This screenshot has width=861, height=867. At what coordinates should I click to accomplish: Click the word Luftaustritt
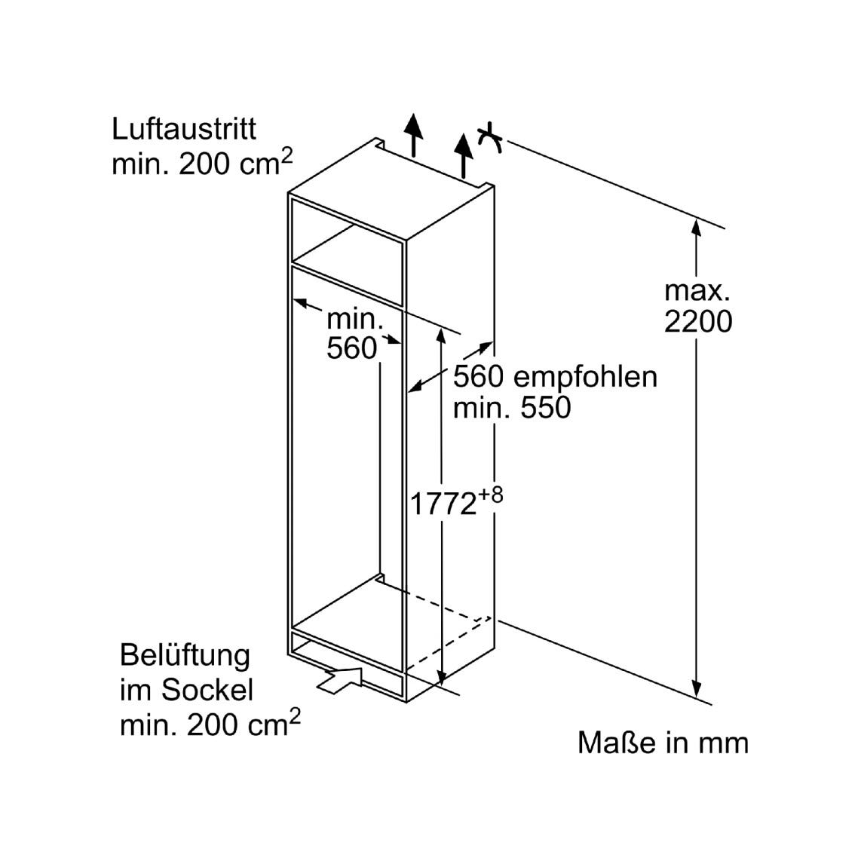184,130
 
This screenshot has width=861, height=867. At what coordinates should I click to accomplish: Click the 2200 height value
698,321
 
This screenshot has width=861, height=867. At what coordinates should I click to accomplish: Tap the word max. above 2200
697,291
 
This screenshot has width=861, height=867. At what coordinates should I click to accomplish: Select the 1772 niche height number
443,504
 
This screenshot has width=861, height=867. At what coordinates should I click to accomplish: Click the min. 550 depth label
512,408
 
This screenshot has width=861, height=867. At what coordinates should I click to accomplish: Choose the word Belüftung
185,656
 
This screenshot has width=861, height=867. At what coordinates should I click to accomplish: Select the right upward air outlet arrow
464,155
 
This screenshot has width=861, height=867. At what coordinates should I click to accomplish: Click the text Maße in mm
663,743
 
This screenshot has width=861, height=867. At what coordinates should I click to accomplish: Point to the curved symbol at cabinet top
490,138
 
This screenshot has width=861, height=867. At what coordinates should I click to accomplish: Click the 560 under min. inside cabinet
351,348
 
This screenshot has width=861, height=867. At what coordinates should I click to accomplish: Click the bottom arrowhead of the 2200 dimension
697,688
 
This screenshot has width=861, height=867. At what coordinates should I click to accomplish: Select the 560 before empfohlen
479,378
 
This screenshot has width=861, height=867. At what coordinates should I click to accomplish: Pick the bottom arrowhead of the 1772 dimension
441,676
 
